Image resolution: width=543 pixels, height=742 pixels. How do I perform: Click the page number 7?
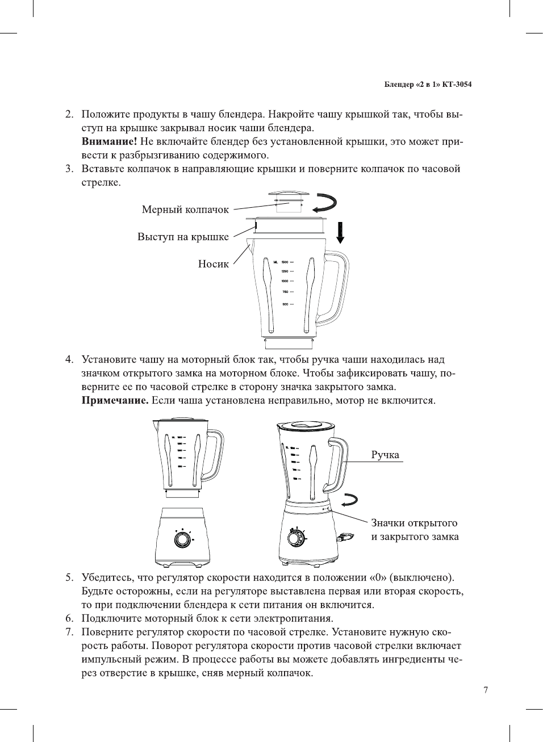[x=486, y=690]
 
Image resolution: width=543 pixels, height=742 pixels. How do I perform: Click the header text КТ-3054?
[x=457, y=85]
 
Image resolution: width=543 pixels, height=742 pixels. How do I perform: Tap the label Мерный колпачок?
[x=185, y=209]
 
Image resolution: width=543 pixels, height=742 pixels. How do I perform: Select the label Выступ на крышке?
[x=183, y=237]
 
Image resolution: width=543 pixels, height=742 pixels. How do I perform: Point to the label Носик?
[x=213, y=263]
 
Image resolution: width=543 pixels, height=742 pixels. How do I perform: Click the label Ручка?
[x=385, y=455]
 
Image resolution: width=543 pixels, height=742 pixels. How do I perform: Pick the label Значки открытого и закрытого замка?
[x=415, y=530]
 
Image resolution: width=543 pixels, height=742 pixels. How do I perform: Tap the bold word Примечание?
[x=115, y=400]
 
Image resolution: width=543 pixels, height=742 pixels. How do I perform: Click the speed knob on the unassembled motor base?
[x=182, y=539]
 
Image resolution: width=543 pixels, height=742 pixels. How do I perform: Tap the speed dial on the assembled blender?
[x=295, y=537]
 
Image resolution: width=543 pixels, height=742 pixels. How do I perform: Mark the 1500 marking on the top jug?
[x=285, y=262]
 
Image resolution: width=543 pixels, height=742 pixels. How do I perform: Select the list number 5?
[x=69, y=577]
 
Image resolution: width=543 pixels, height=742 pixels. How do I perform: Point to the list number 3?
[x=69, y=169]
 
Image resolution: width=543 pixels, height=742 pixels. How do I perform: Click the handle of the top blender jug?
[x=339, y=287]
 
